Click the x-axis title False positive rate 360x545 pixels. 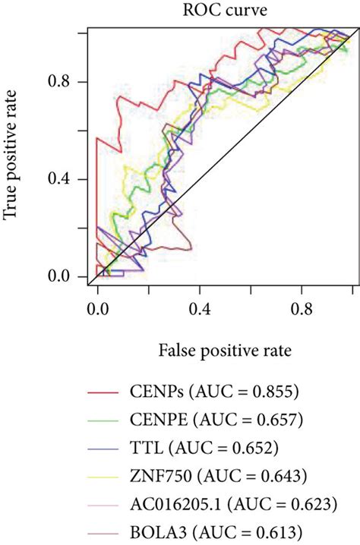[x=226, y=351]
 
